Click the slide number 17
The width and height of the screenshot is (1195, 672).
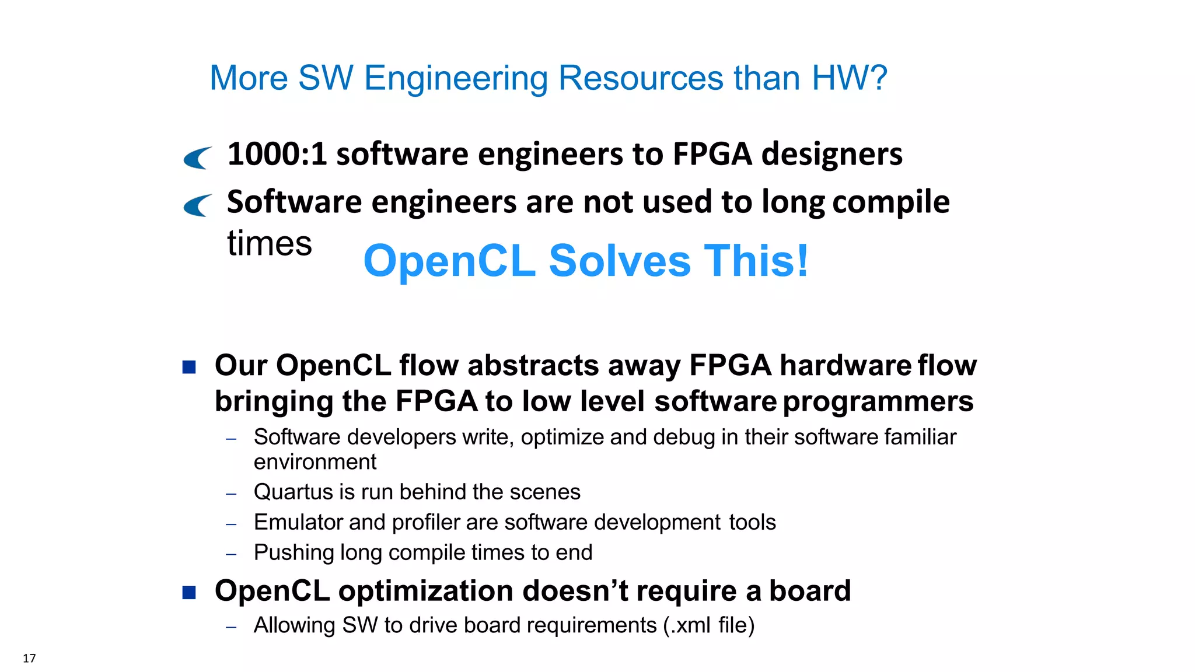tap(29, 658)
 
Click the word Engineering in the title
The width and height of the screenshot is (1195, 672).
tap(456, 79)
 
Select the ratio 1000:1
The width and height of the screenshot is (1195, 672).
tap(277, 154)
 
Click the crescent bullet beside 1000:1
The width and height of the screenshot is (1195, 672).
tap(197, 157)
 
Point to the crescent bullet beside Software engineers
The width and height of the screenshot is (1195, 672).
tap(197, 205)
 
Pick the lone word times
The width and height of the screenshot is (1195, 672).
tap(270, 243)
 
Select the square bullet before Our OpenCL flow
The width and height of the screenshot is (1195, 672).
tap(189, 367)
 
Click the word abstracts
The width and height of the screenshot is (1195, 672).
tap(533, 366)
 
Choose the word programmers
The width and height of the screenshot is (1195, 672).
tap(878, 402)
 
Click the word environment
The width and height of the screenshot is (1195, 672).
tap(315, 462)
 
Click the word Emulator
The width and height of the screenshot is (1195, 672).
tap(298, 522)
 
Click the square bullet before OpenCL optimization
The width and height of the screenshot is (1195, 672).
tap(189, 593)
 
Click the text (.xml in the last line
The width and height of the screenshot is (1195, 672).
tap(687, 625)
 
